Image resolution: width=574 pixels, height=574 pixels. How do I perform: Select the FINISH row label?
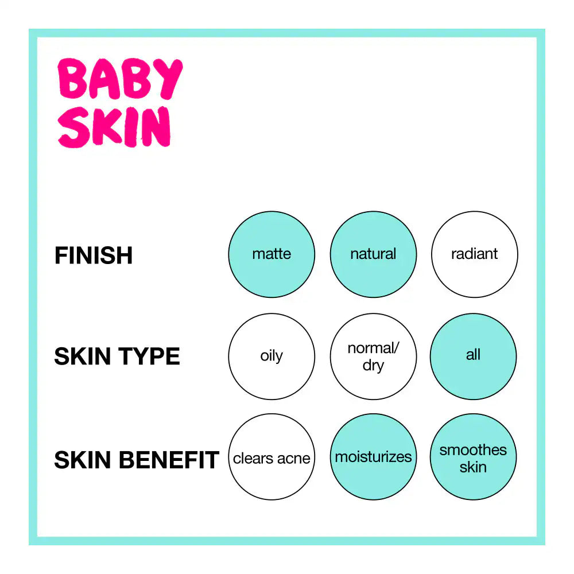[94, 255]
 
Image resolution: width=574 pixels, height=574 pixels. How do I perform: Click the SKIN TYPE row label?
[117, 356]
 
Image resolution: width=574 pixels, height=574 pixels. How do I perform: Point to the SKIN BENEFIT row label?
[137, 460]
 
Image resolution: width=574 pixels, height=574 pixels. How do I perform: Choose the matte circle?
[272, 254]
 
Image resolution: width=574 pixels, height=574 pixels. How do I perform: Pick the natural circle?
[373, 254]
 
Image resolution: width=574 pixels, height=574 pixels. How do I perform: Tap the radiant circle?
[474, 254]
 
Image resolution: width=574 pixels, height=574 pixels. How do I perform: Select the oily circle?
[272, 356]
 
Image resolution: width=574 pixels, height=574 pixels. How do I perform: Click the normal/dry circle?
[373, 356]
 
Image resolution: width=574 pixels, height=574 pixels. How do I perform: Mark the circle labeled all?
[473, 356]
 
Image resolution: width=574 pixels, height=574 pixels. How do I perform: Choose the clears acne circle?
[272, 457]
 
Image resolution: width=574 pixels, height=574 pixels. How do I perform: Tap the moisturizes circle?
[373, 457]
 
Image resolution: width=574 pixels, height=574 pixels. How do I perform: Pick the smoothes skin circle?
[473, 457]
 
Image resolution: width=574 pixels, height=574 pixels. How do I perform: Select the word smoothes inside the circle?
[473, 450]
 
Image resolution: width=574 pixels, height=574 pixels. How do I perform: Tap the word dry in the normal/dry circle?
[373, 366]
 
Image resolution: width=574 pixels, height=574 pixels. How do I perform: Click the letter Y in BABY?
[168, 80]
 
